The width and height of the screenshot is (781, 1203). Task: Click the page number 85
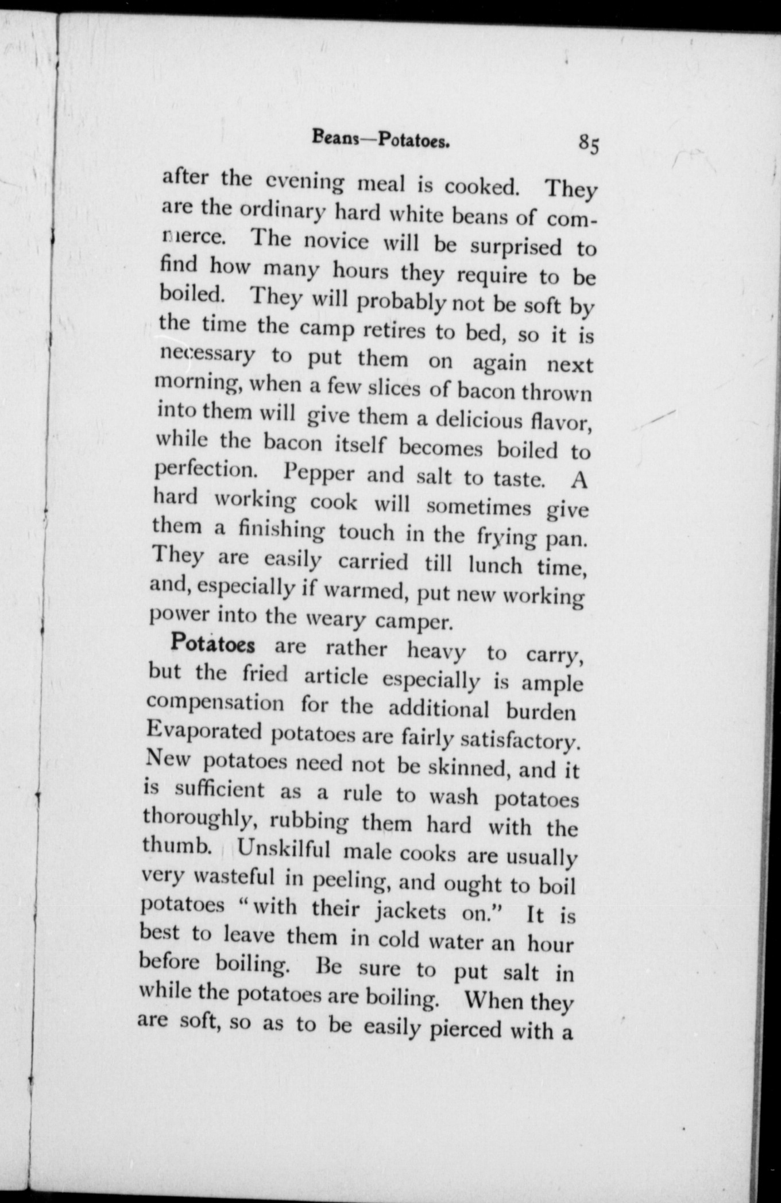[589, 143]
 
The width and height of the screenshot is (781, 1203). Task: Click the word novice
[337, 240]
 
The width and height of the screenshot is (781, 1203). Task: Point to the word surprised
[516, 246]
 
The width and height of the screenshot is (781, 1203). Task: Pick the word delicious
[479, 420]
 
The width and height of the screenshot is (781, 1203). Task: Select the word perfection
[206, 469]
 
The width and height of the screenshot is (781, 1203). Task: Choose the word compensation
[215, 703]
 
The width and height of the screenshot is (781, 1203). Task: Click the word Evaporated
[204, 731]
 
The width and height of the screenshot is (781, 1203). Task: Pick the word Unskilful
[283, 849]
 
